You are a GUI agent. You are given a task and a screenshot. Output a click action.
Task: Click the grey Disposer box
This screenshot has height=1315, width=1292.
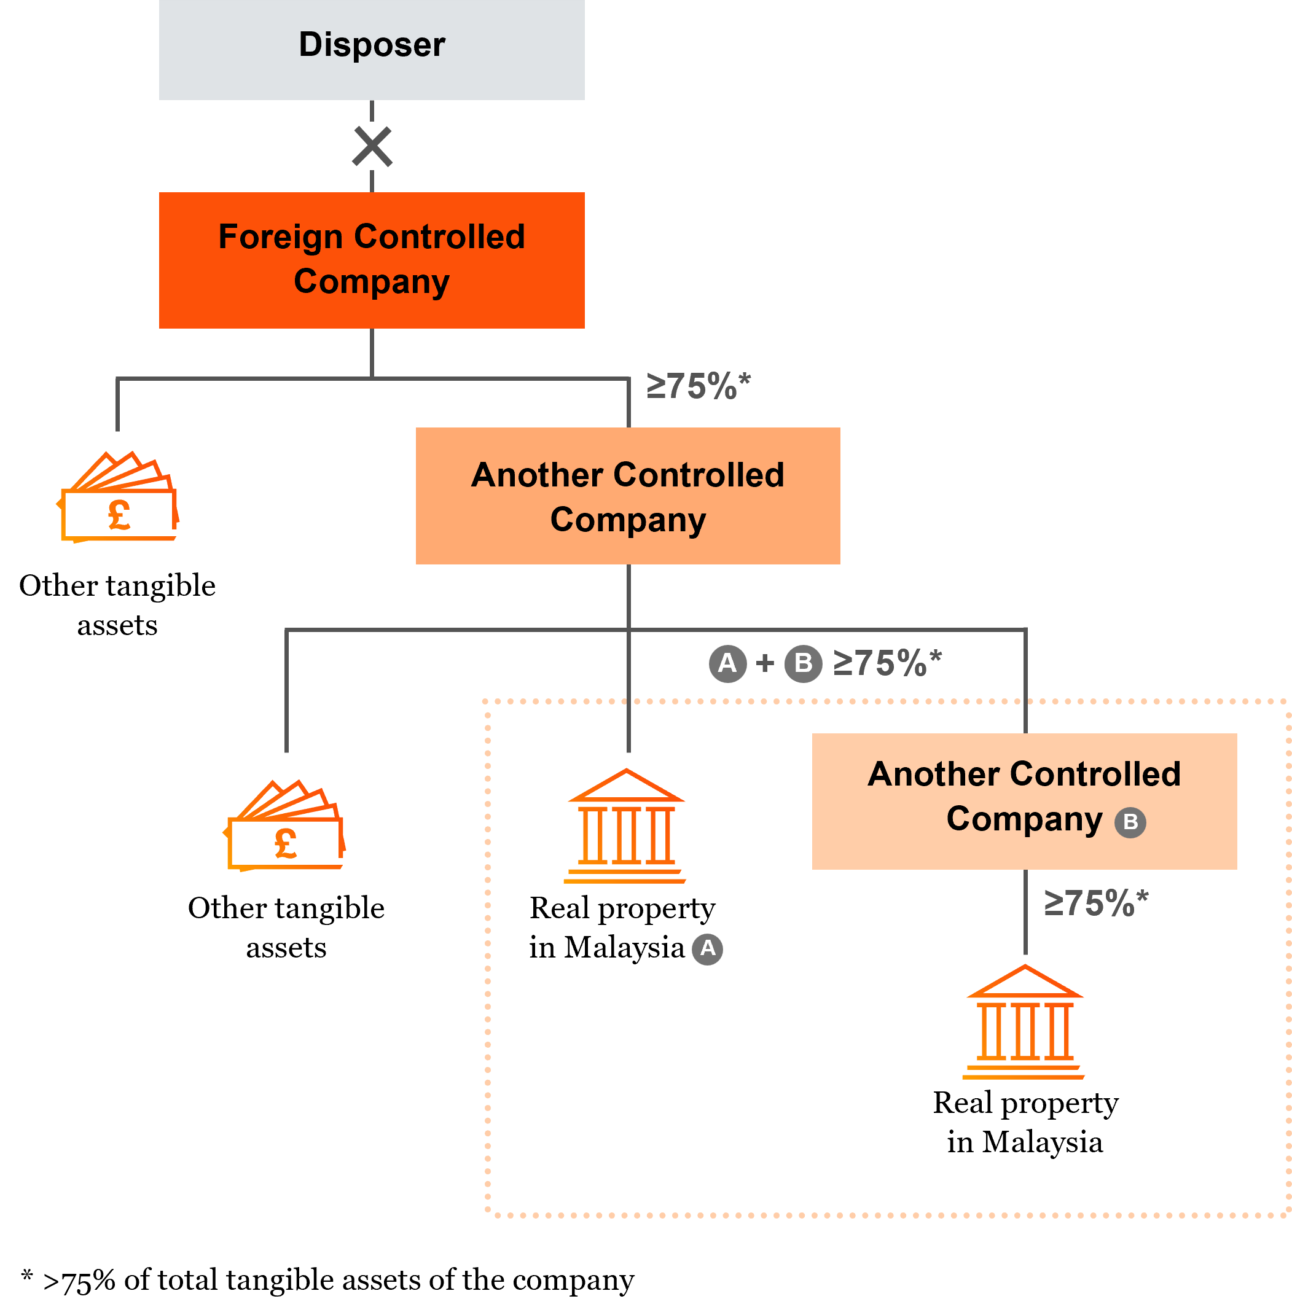click(371, 49)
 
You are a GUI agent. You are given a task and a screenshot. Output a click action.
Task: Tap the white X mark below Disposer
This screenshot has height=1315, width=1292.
click(371, 146)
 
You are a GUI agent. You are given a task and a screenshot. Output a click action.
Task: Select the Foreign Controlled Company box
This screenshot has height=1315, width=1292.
click(371, 260)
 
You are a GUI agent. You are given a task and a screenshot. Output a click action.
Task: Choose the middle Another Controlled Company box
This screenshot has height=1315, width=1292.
click(628, 496)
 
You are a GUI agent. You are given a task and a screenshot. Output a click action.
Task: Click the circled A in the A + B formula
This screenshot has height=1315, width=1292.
click(727, 663)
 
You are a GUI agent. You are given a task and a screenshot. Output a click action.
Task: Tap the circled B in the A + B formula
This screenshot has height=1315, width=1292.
click(804, 663)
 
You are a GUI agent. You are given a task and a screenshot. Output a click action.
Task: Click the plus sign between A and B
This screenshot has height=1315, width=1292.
click(765, 663)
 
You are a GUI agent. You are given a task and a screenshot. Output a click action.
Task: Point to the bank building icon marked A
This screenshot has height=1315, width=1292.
click(625, 827)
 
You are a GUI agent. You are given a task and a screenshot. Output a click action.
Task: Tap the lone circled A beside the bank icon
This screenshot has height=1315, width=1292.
click(707, 948)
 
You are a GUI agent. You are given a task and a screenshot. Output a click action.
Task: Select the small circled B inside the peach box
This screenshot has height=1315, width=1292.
click(1130, 822)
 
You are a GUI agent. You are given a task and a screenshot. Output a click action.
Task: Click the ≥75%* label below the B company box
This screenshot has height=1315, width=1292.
click(1095, 903)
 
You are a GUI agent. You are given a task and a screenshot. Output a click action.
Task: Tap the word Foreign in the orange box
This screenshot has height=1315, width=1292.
click(280, 238)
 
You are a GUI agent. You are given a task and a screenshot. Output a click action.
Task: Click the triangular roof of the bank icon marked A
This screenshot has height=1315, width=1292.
click(626, 787)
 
